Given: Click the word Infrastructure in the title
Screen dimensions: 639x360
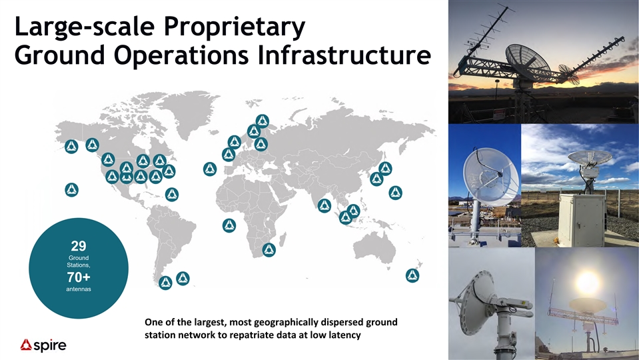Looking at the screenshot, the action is [x=344, y=55].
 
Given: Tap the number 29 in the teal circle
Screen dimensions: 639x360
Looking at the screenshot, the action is [x=79, y=246].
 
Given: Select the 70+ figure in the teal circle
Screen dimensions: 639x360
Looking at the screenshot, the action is [x=79, y=277].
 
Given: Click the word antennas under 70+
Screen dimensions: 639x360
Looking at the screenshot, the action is [x=79, y=289].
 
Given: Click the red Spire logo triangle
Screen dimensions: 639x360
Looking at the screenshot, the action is [x=27, y=345].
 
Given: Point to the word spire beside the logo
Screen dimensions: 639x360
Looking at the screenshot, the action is [x=50, y=345].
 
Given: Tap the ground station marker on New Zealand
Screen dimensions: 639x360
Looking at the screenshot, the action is [x=412, y=275].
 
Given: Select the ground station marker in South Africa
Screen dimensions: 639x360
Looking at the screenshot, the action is [x=269, y=249].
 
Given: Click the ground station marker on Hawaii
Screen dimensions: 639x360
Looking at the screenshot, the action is [x=72, y=189].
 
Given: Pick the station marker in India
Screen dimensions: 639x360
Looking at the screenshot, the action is [x=324, y=205].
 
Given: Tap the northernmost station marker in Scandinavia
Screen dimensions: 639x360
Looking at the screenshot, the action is [x=262, y=121].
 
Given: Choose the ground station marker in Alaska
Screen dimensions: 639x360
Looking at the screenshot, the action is [x=71, y=147].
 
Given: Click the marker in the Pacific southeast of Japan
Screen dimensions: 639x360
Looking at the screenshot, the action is [x=395, y=193].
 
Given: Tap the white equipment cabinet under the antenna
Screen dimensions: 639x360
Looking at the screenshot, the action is [x=582, y=219].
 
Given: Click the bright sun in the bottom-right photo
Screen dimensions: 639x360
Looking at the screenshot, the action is [x=587, y=281].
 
